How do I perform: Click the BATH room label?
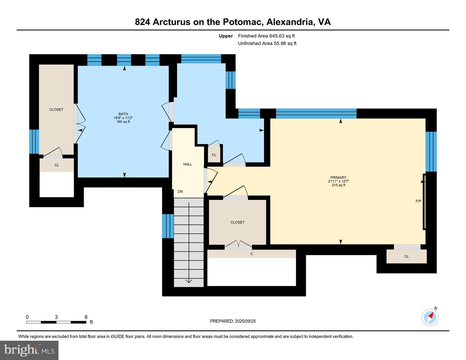click(x=123, y=114)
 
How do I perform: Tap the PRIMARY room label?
click(x=338, y=178)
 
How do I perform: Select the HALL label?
click(x=188, y=164)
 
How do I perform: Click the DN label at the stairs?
click(x=180, y=191)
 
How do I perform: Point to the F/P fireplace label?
click(x=418, y=201)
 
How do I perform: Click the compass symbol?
click(x=430, y=317)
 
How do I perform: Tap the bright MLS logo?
click(x=29, y=351)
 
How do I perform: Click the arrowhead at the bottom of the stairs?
click(x=189, y=281)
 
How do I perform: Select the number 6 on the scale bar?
click(x=86, y=317)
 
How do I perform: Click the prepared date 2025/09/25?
click(x=245, y=321)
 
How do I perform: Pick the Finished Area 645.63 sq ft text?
click(x=266, y=36)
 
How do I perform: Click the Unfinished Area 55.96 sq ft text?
click(x=267, y=43)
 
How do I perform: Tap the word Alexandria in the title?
click(x=291, y=22)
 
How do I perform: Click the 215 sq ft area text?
click(x=338, y=185)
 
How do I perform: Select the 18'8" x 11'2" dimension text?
click(x=123, y=118)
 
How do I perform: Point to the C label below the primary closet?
click(x=251, y=254)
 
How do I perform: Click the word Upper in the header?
click(x=226, y=36)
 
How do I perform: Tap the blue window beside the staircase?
click(x=168, y=226)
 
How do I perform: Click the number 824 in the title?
click(x=142, y=22)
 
